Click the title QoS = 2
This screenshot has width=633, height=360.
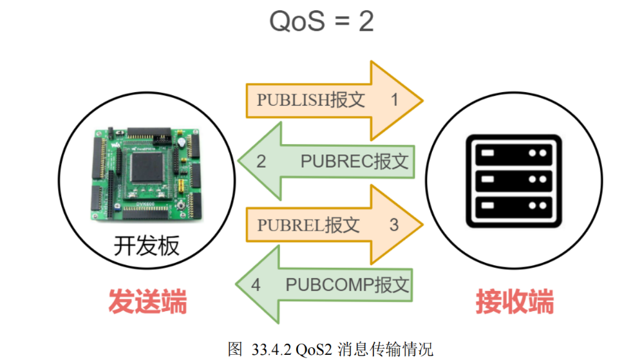[x=321, y=21]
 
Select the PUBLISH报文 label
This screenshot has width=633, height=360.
[x=311, y=100]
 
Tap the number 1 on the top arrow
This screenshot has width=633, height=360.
[x=394, y=100]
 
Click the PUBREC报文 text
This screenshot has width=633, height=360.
[x=354, y=162]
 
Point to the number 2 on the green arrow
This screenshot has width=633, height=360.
[x=261, y=162]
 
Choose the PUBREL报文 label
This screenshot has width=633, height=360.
[x=308, y=225]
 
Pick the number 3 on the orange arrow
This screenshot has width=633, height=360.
[x=394, y=225]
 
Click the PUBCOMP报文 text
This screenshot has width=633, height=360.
[x=347, y=285]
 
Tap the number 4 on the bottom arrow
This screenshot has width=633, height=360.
[x=256, y=285]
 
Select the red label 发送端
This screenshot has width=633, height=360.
[x=147, y=301]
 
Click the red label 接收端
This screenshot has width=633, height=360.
[x=515, y=301]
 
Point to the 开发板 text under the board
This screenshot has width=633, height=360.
[x=147, y=246]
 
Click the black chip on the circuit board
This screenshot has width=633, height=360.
[x=147, y=167]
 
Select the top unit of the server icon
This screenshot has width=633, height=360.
[x=513, y=153]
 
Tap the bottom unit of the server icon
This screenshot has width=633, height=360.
[x=513, y=206]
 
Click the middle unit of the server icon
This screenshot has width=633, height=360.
[x=513, y=180]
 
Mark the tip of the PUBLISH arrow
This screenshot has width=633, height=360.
[x=422, y=100]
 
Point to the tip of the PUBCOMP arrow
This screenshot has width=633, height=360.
[x=236, y=285]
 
